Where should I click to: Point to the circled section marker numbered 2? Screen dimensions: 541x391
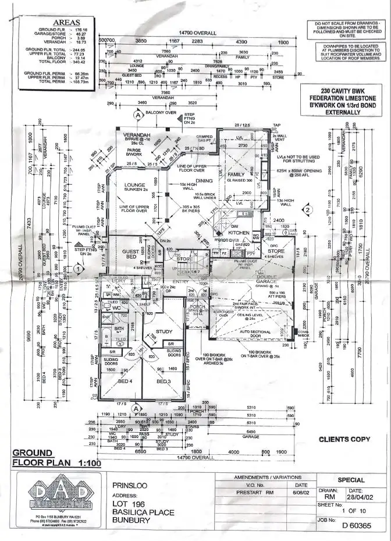(x=308, y=210)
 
